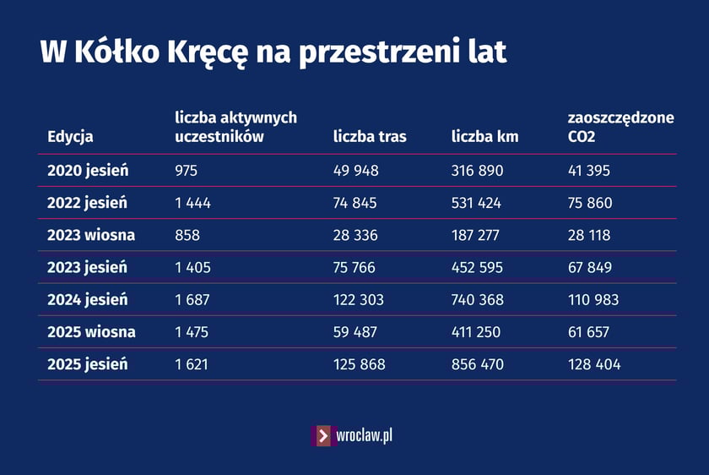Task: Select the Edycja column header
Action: click(x=70, y=137)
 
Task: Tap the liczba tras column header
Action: click(x=370, y=137)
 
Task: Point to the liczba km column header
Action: click(x=484, y=137)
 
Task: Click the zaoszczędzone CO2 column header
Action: click(x=621, y=127)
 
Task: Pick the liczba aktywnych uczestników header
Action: click(x=235, y=127)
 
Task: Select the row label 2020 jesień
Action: click(x=88, y=171)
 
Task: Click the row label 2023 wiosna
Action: click(x=91, y=235)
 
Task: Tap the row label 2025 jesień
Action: click(x=88, y=364)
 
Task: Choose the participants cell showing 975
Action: click(x=186, y=171)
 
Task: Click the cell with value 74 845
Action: click(x=355, y=203)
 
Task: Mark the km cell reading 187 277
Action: click(x=477, y=235)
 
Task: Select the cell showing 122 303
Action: click(x=359, y=300)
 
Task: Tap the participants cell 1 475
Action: click(x=192, y=332)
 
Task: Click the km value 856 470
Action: click(x=478, y=364)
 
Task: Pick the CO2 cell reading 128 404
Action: click(x=594, y=364)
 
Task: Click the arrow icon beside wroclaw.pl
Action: click(x=322, y=436)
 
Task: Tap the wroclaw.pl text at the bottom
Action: click(x=364, y=436)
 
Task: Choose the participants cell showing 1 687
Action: click(x=192, y=300)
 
